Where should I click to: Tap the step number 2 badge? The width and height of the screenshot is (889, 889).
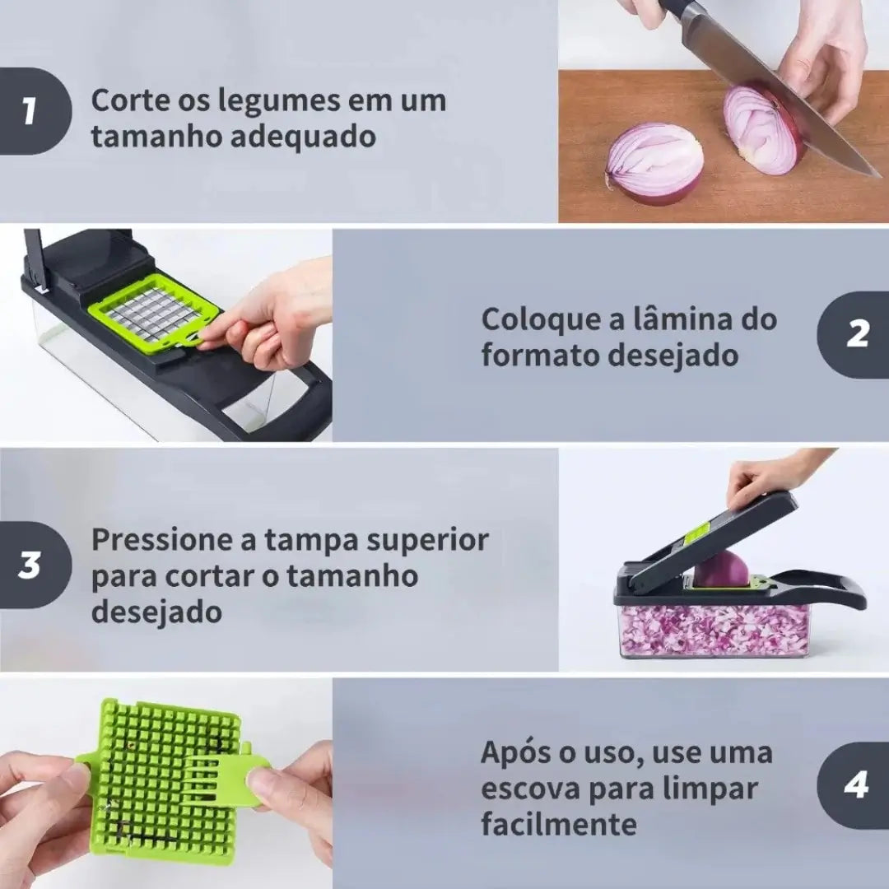point(854,334)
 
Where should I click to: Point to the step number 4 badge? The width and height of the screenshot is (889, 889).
point(854,785)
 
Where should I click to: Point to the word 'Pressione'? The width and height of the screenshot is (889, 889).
point(162,539)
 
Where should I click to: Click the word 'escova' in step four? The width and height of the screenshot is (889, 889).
point(530,789)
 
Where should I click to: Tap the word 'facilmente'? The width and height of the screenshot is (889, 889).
point(558,823)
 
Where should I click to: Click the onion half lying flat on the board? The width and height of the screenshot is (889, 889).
point(655,165)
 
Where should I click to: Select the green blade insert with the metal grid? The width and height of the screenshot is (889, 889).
point(154,314)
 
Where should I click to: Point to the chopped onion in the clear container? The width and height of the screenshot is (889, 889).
point(714,630)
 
